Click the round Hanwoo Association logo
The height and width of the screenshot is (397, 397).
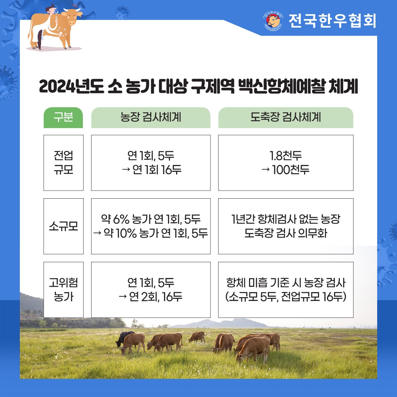click(x=273, y=21)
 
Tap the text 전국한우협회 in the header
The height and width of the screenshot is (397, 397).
click(x=332, y=21)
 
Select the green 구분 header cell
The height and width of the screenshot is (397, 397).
click(x=63, y=117)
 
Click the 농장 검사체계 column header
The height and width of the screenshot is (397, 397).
click(x=151, y=117)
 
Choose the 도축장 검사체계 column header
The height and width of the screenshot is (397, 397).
click(x=286, y=117)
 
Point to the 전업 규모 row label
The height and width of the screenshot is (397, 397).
click(x=63, y=163)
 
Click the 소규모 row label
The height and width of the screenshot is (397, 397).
click(x=63, y=226)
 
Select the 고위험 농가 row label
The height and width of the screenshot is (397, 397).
click(x=63, y=290)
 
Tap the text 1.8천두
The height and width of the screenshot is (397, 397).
click(x=286, y=156)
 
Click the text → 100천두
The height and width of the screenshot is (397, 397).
click(x=286, y=170)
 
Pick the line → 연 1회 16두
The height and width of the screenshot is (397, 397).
click(x=151, y=170)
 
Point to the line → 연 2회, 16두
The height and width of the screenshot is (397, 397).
click(x=151, y=297)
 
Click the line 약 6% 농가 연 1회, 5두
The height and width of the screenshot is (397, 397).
click(x=151, y=219)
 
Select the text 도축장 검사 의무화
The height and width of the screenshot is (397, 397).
click(x=286, y=233)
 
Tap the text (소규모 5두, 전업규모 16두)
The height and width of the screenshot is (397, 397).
click(x=286, y=297)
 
